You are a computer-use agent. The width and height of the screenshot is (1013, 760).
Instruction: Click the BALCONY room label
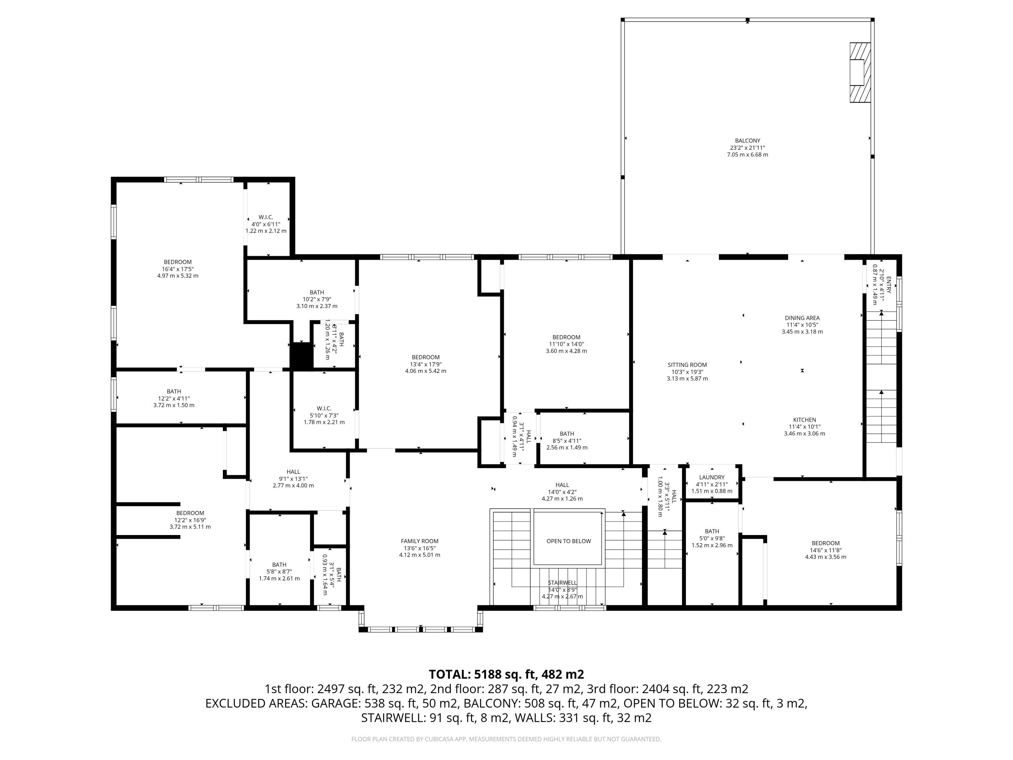747,141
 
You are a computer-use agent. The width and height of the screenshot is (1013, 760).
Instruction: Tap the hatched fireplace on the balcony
860,72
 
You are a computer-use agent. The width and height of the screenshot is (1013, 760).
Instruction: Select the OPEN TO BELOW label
568,541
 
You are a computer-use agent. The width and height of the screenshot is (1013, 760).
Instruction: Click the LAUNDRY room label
712,477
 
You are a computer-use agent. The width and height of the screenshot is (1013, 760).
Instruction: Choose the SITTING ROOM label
687,365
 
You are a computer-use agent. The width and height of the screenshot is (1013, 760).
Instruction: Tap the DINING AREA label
802,318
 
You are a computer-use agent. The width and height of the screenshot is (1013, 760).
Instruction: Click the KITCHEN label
805,420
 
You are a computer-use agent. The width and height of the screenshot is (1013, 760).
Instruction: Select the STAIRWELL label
562,583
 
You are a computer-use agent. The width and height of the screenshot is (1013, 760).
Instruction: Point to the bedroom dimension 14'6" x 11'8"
826,550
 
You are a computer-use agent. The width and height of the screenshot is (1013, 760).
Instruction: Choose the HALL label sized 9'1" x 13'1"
293,472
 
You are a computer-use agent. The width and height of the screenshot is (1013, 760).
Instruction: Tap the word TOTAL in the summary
449,674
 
